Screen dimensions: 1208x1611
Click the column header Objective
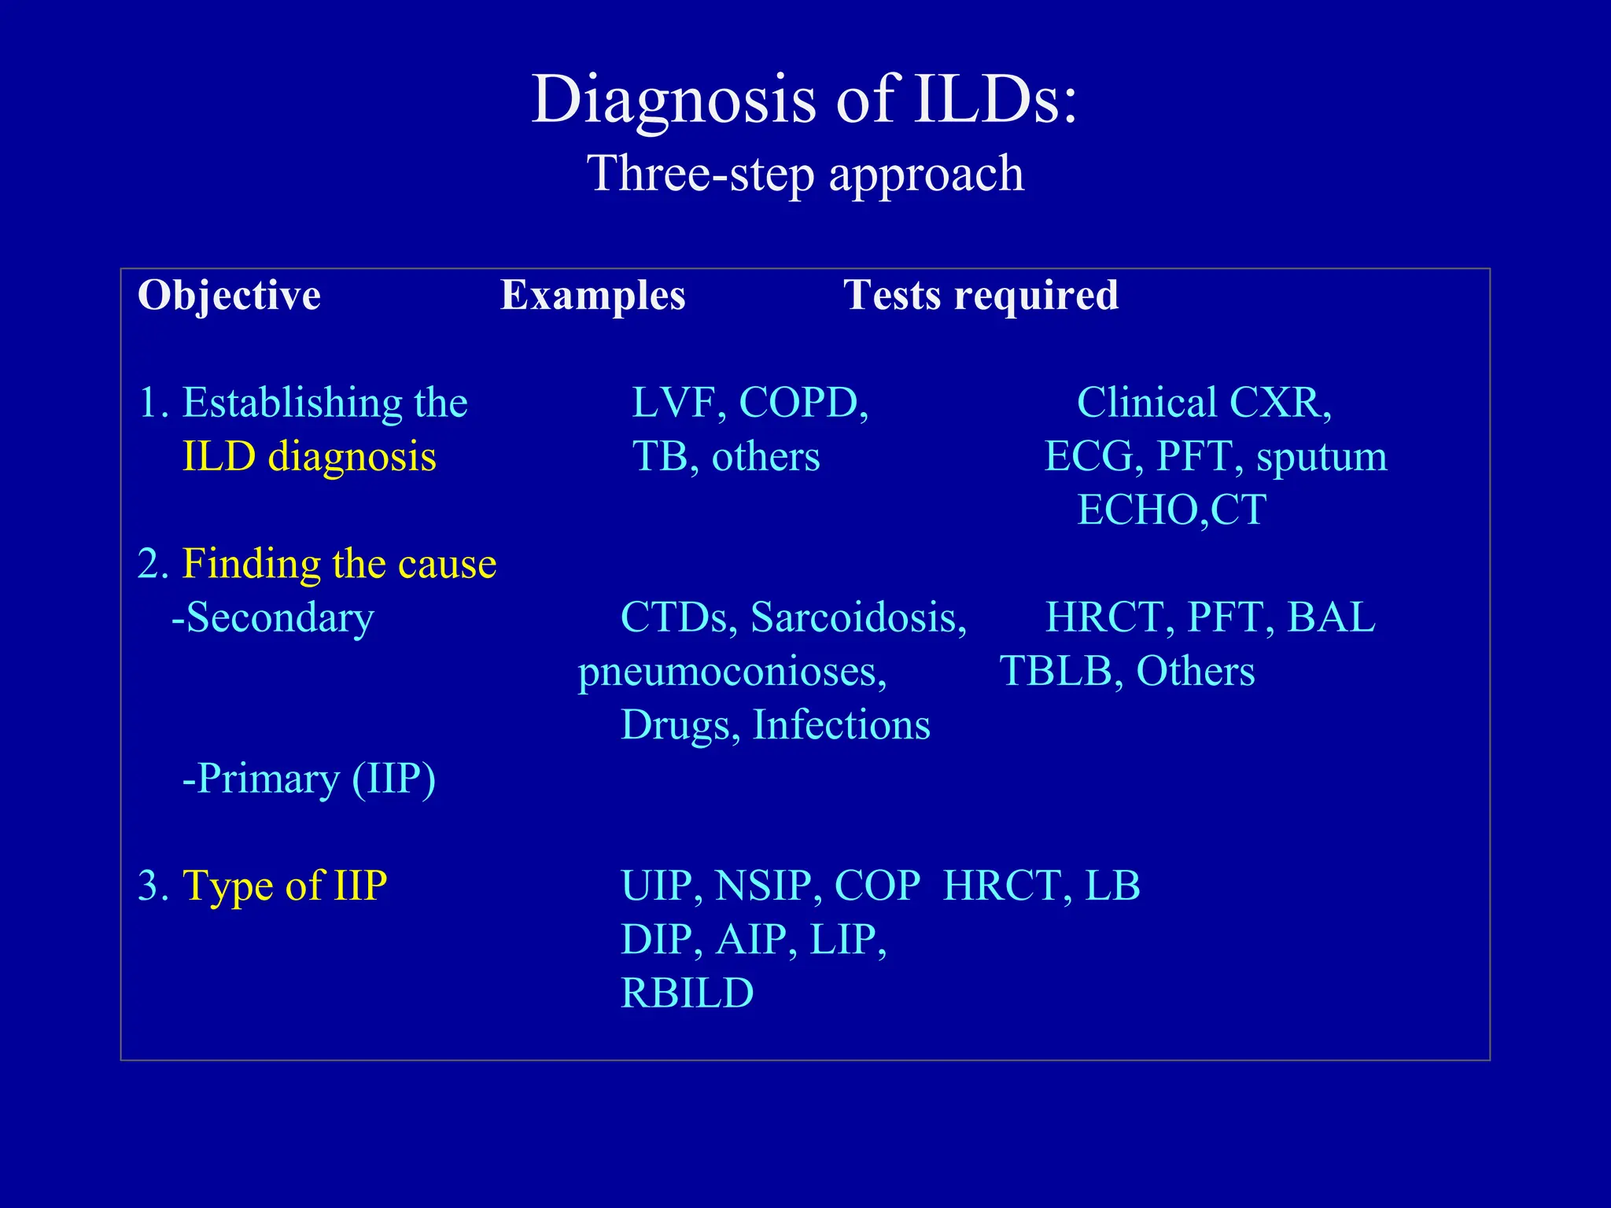[229, 296]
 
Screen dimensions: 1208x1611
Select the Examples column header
[593, 296]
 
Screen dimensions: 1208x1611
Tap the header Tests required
[980, 296]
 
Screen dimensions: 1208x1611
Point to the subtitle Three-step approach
[805, 173]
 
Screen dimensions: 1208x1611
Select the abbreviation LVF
[678, 403]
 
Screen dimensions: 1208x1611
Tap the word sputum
[1322, 458]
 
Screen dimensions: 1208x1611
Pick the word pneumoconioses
[732, 672]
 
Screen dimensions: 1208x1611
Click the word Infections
[841, 724]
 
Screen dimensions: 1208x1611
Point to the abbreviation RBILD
[687, 993]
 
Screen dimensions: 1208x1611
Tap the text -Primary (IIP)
[308, 779]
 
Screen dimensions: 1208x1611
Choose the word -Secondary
[272, 617]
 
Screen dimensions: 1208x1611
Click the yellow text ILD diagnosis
[308, 457]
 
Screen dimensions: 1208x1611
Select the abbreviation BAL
[1331, 617]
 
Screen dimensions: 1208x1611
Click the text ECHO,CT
[1171, 510]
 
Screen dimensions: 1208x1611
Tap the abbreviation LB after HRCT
[1112, 886]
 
